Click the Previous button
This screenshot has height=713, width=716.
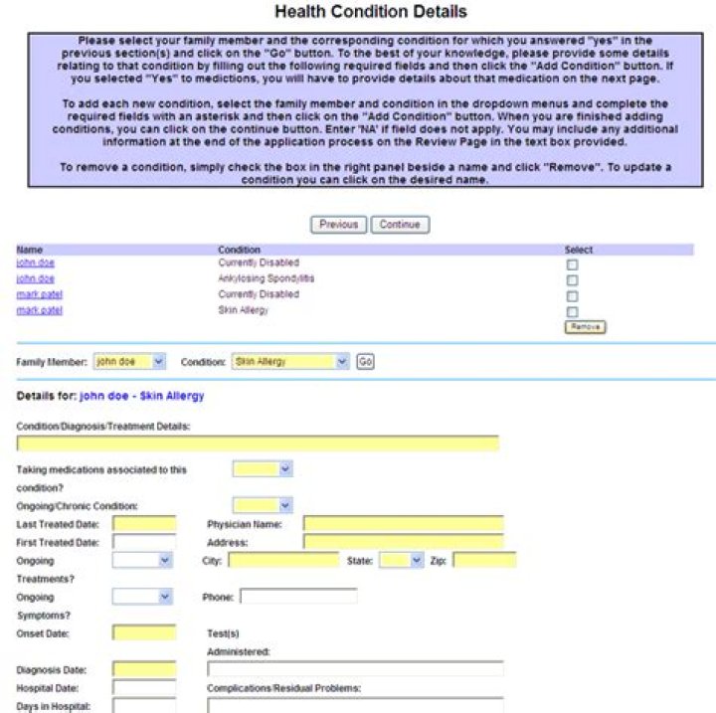(338, 225)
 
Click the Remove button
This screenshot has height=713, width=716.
(585, 326)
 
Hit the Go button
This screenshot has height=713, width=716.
(365, 362)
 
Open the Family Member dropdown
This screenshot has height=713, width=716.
(129, 362)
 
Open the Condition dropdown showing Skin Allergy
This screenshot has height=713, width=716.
(290, 362)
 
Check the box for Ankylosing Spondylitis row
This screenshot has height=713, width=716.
(572, 280)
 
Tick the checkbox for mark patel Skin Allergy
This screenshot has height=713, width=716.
(572, 312)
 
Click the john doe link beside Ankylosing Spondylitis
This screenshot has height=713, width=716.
(35, 279)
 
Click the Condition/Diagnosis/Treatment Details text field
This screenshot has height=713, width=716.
(258, 444)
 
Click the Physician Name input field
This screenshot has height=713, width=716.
(403, 524)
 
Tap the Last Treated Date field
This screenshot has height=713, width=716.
(144, 524)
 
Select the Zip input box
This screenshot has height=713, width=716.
(484, 561)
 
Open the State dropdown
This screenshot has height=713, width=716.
(402, 561)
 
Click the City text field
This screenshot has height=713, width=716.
(283, 561)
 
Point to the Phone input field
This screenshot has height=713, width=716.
(298, 597)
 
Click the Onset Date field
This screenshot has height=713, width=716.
(144, 632)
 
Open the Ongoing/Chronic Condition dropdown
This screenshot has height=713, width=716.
(263, 505)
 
